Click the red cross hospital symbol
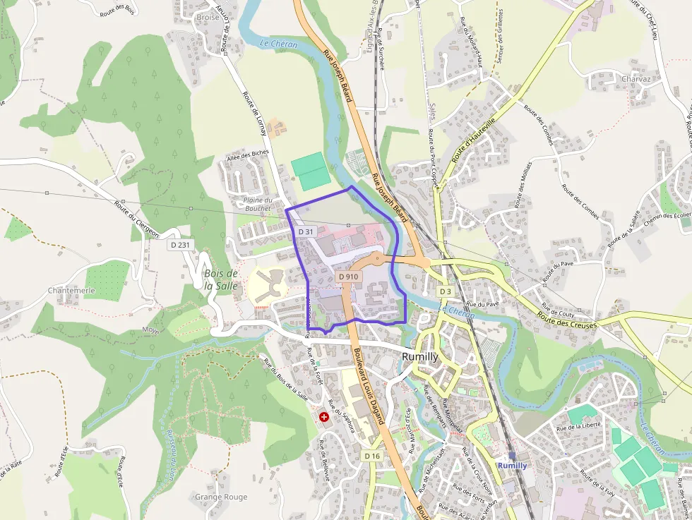click(x=324, y=418)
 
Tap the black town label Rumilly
click(x=420, y=357)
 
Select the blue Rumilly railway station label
click(x=512, y=466)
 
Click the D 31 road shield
click(x=306, y=231)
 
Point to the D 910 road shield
click(x=349, y=277)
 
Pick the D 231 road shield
click(x=181, y=245)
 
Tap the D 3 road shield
click(x=444, y=291)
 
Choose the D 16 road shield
click(x=373, y=456)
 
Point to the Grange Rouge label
click(x=221, y=497)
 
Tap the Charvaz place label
click(x=636, y=79)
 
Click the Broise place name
click(x=208, y=17)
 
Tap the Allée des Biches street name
click(x=249, y=155)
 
